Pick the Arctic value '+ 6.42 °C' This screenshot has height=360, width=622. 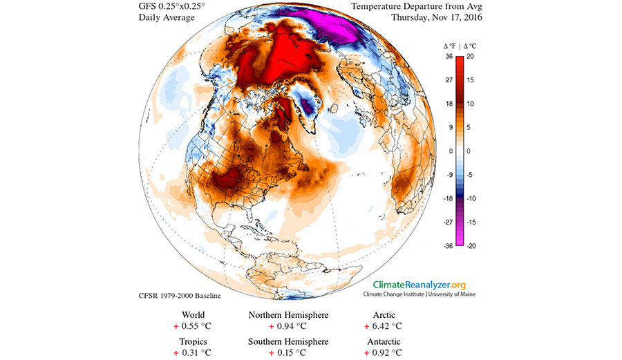click(x=377, y=326)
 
